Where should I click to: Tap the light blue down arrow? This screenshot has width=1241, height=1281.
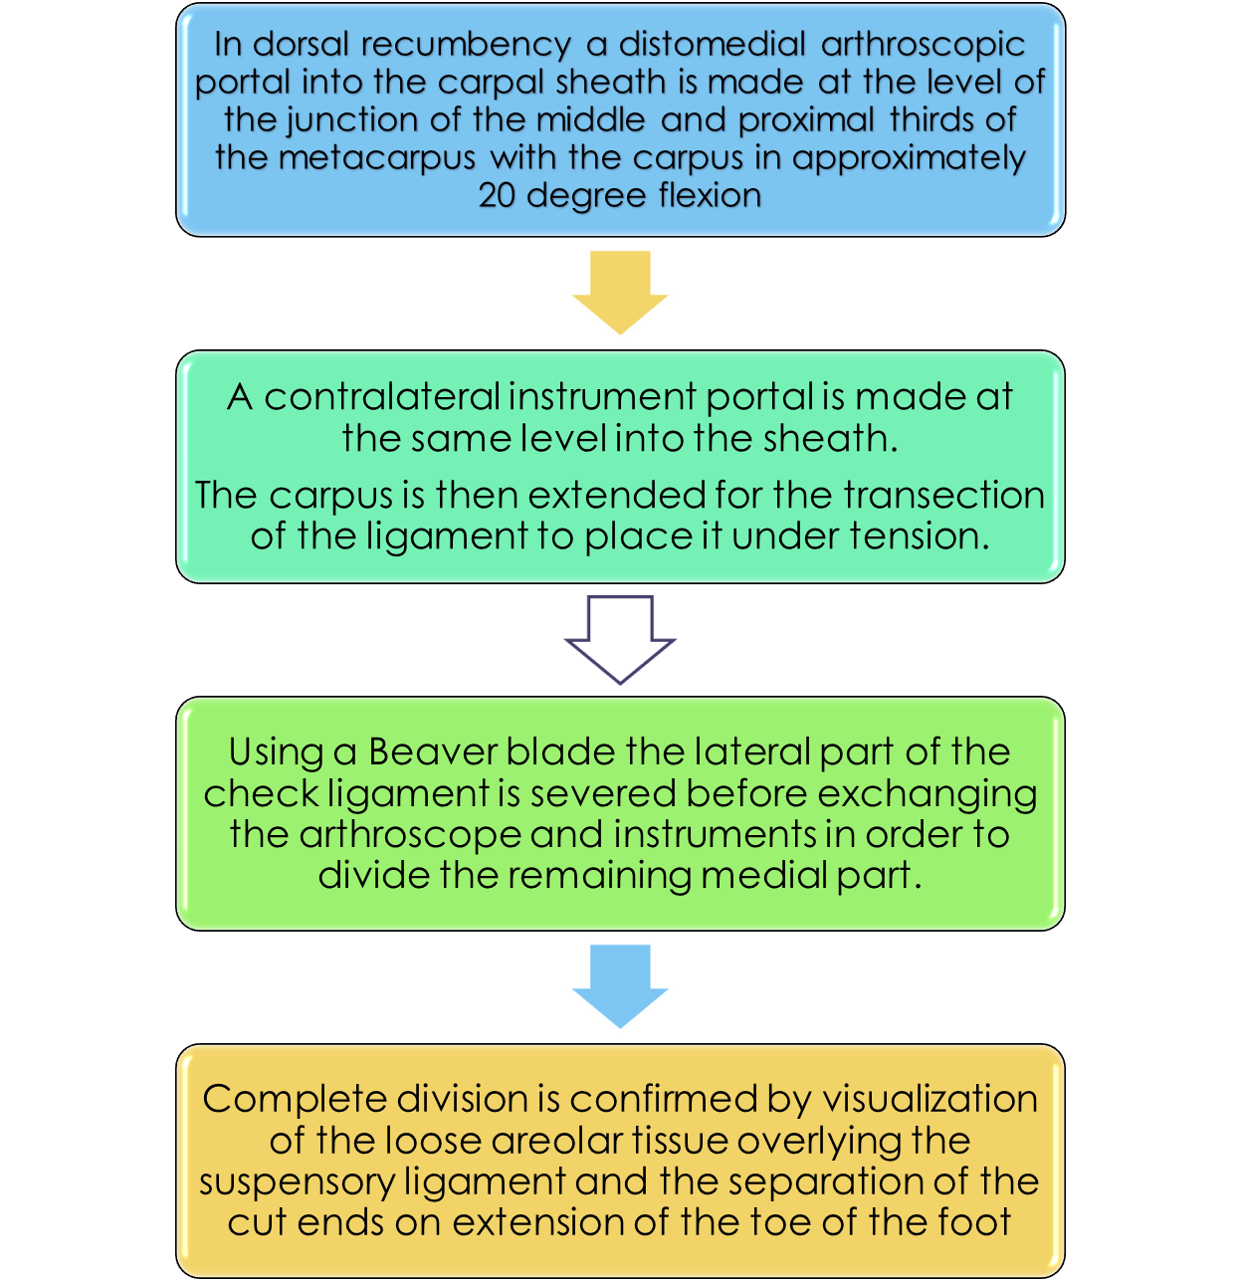(x=620, y=984)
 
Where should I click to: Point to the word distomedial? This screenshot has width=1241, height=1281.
(x=712, y=45)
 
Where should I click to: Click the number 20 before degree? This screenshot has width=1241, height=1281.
(x=497, y=195)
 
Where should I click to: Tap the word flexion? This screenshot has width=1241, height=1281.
(x=710, y=195)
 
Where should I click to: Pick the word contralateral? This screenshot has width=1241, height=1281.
(x=382, y=397)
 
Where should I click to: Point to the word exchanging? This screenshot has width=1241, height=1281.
(x=928, y=794)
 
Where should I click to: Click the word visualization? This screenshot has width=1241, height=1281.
(x=930, y=1099)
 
